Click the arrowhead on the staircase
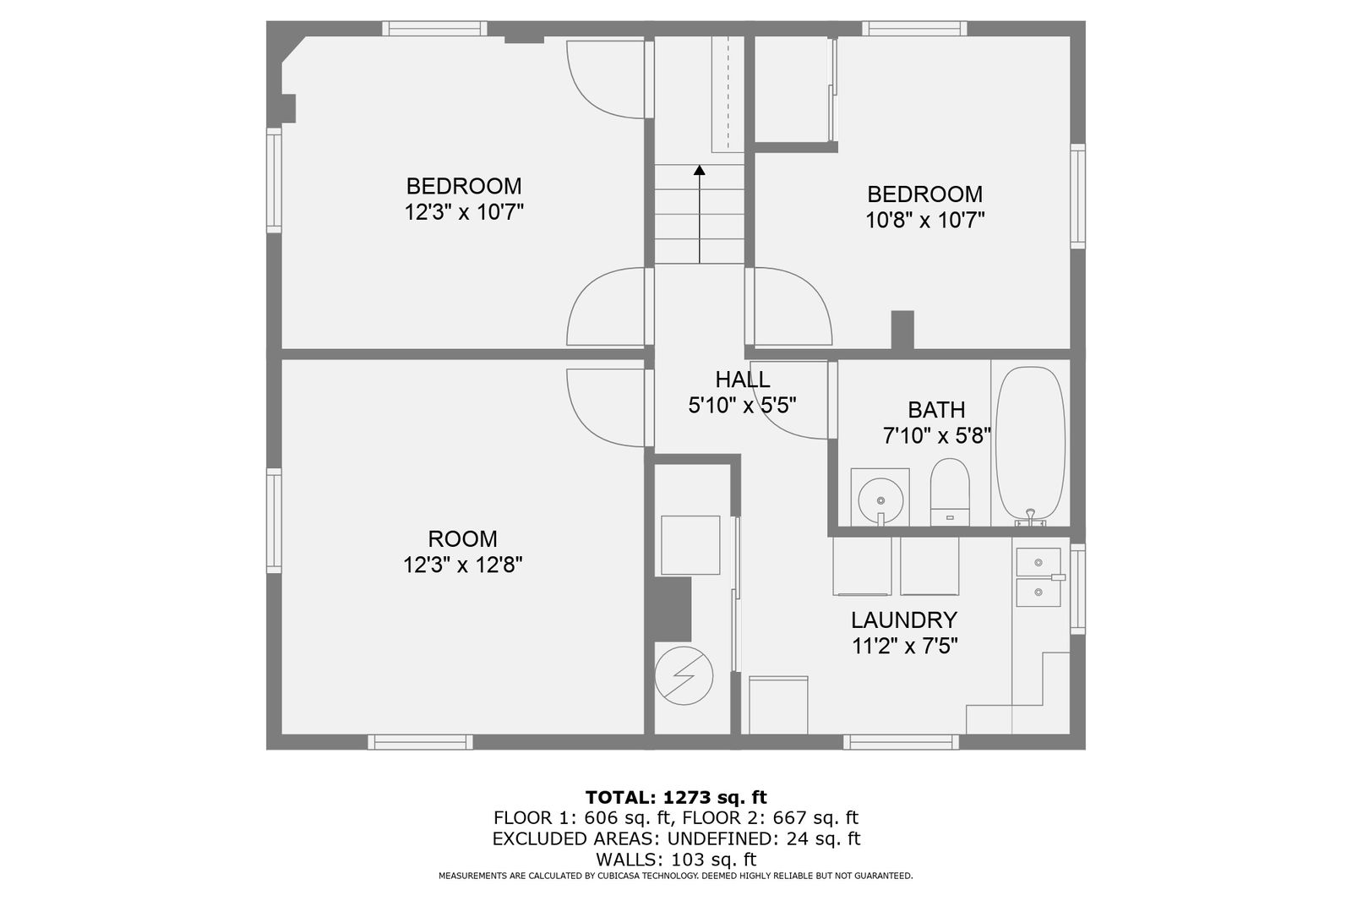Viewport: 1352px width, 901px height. point(699,170)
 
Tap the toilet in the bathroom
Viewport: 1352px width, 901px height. point(950,492)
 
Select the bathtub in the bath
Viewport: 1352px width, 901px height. point(1030,445)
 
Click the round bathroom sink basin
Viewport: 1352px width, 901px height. point(880,500)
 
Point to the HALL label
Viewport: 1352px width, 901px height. point(743,380)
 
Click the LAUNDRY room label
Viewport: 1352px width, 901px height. point(904,620)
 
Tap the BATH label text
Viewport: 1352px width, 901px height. point(936,410)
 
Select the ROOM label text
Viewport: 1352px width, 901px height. point(462,538)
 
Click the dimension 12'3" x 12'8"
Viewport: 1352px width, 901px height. point(462,565)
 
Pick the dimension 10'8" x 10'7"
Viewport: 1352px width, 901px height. point(924,221)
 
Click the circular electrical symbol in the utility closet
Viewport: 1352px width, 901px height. point(684,676)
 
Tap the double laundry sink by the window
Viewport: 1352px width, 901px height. point(1039,577)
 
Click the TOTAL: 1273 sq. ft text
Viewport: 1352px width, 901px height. point(676,797)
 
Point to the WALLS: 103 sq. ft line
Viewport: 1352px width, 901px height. point(676,859)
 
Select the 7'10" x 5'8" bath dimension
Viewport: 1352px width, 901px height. point(937,435)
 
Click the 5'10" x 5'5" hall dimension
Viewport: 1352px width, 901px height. point(743,405)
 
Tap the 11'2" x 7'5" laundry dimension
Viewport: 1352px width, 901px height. point(905,646)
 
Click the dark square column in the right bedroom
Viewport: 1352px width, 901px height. point(902,330)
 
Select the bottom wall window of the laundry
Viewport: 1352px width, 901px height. point(901,742)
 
